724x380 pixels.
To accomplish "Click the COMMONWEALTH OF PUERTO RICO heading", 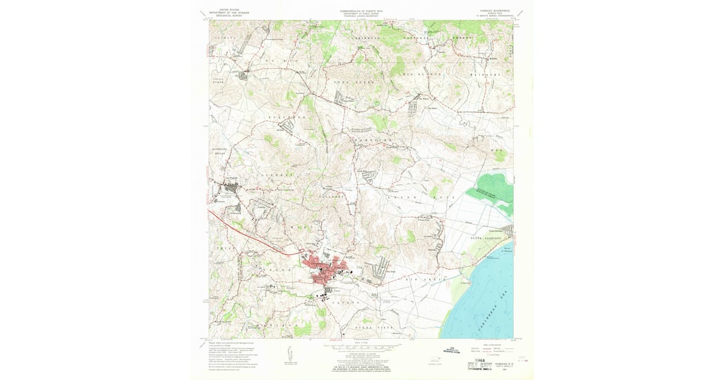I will click(x=361, y=10).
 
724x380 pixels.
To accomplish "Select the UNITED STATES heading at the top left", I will click(x=229, y=10).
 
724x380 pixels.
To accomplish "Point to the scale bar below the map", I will click(x=362, y=348).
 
